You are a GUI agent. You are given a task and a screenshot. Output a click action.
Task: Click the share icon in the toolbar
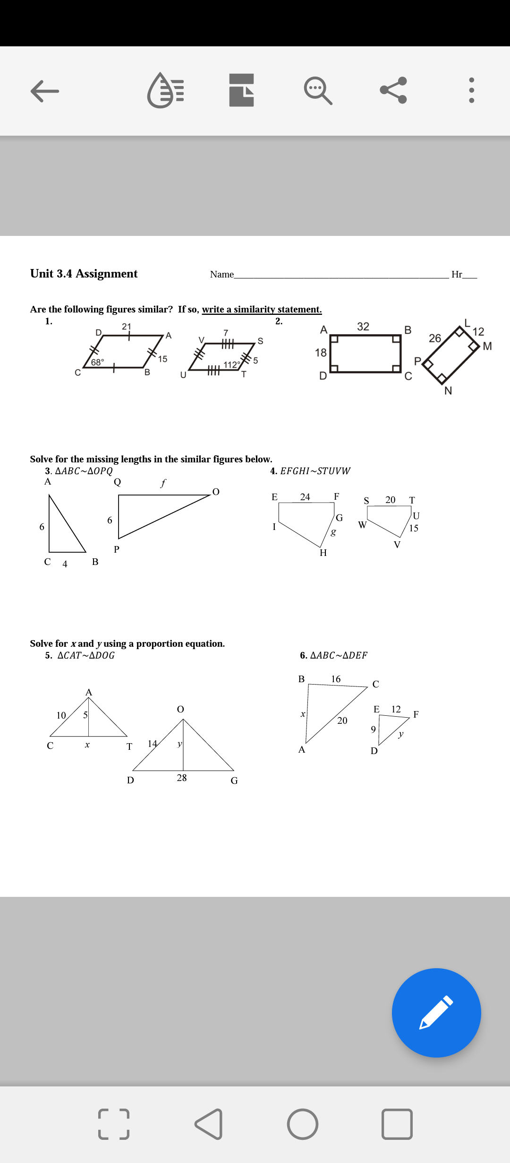point(393,90)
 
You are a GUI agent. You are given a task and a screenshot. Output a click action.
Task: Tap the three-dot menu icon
point(471,90)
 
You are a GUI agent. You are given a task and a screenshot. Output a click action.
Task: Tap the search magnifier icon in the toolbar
point(318,90)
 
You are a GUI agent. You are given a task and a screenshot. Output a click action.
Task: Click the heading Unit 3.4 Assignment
point(84,274)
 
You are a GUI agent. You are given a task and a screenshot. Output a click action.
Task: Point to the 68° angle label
point(97,362)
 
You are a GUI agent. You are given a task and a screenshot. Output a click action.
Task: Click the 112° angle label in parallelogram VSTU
point(231,365)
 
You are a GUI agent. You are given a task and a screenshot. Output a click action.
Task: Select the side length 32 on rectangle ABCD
point(363,327)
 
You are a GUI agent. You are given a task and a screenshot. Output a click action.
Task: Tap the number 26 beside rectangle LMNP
point(434,338)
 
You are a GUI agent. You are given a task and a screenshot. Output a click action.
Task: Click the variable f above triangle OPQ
point(163,483)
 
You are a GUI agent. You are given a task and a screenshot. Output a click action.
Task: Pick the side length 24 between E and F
point(305,497)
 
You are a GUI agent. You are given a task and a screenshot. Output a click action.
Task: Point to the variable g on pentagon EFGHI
point(333,532)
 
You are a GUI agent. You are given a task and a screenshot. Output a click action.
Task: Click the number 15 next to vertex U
point(414,528)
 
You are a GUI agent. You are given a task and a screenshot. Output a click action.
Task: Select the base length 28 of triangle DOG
point(182,778)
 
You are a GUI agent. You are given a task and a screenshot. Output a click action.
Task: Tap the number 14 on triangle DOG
point(152,744)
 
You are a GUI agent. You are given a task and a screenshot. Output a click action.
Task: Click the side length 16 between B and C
point(336,679)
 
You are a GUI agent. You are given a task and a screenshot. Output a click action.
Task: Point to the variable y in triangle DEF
point(401,734)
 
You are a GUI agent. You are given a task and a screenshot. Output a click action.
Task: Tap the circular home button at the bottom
point(302,1124)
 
